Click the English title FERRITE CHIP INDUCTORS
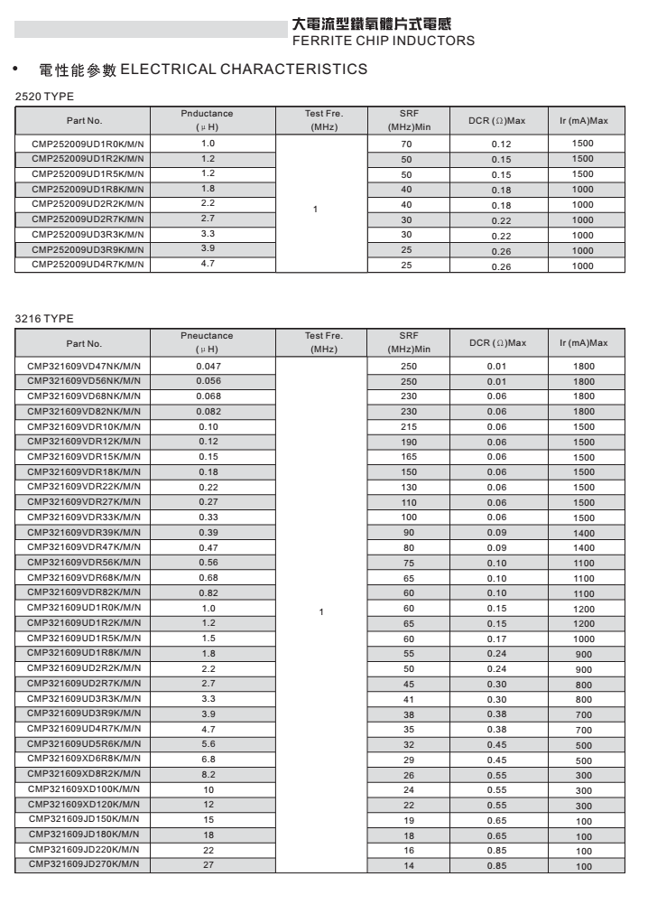point(384,41)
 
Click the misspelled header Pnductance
point(207,114)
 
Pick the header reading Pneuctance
point(207,336)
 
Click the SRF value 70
point(406,145)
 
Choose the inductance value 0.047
point(208,366)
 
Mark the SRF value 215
point(409,426)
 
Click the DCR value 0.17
point(497,639)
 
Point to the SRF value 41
point(408,699)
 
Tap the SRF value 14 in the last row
point(409,866)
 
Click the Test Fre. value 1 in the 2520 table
point(315,210)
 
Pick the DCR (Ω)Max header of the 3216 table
point(497,343)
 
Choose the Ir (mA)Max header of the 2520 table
point(584,121)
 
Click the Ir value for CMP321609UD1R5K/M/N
point(584,639)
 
